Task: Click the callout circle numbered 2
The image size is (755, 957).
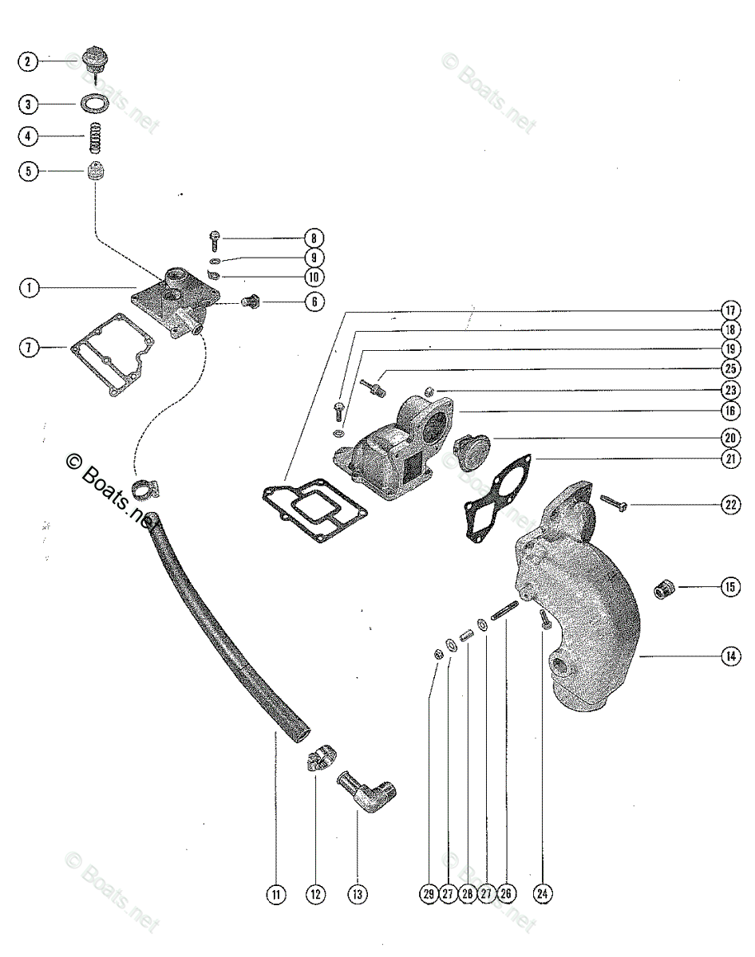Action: pos(29,61)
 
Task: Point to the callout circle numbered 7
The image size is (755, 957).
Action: pos(29,348)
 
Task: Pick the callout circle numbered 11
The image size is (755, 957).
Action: pos(275,894)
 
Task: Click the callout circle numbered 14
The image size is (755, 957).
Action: pos(729,656)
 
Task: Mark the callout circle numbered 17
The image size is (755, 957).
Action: pos(729,310)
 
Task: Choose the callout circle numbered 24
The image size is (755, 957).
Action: pos(543,894)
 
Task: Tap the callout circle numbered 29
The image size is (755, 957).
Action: pos(429,894)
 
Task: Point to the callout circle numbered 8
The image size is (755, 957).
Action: pos(314,238)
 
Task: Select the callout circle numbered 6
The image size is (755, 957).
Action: pos(314,302)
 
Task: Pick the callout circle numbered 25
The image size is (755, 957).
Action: pos(729,368)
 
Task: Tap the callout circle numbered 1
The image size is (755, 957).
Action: pos(29,288)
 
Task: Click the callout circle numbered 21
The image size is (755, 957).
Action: pos(729,459)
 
